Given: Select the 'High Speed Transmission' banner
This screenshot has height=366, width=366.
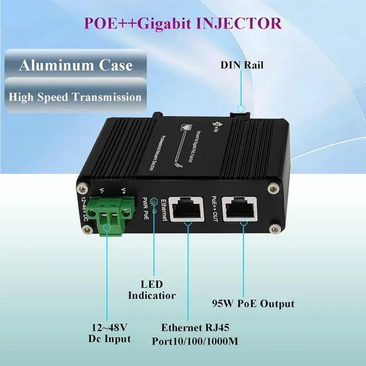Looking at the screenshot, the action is [x=75, y=96].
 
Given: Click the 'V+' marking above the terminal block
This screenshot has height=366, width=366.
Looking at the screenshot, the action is [x=122, y=191].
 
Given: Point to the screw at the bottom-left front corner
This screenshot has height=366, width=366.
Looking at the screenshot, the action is [x=87, y=230].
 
